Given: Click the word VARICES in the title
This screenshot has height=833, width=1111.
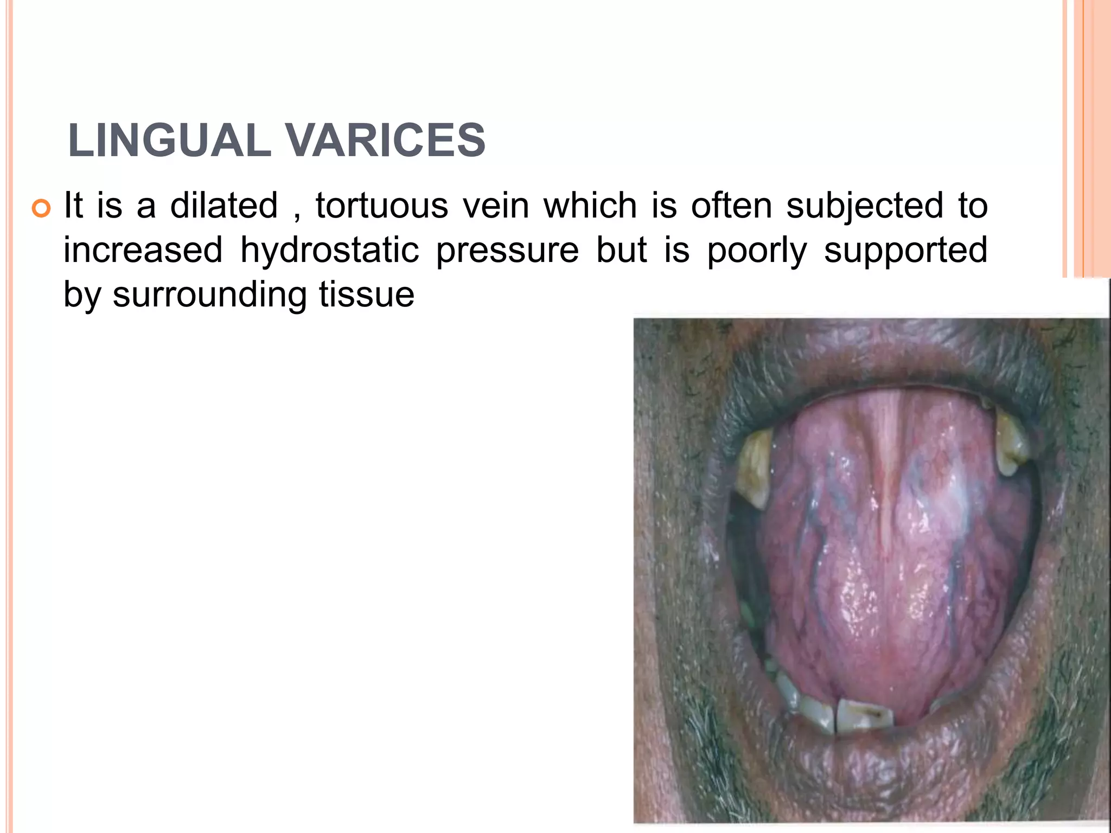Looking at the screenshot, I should [385, 140].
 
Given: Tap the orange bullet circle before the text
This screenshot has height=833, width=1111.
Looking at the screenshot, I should [41, 208].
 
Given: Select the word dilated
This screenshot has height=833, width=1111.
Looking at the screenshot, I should [224, 206].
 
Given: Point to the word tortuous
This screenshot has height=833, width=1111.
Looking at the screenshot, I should [382, 206].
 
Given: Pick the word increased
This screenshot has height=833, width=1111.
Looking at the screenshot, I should [143, 251].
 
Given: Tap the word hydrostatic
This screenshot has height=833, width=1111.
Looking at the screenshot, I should [329, 251].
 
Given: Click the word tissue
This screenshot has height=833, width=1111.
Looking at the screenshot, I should [367, 295].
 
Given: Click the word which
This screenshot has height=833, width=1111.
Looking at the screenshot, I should [590, 206].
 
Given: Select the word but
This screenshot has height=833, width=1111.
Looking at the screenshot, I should [621, 251].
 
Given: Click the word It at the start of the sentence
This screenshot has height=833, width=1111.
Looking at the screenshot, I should [73, 206].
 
